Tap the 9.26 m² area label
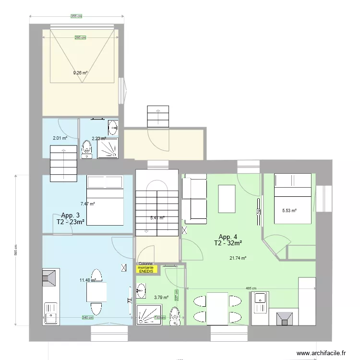click(80, 73)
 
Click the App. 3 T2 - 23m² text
click(71, 218)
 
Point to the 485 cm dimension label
click(252, 288)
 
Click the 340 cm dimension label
click(87, 318)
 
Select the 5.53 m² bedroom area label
click(289, 210)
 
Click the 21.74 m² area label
click(238, 258)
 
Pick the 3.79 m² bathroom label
click(161, 297)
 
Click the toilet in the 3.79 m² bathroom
click(175, 317)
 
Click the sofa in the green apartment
click(194, 200)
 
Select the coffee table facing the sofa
click(227, 199)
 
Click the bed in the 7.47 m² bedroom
click(105, 201)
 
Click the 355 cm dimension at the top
click(77, 16)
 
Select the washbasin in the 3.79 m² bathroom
click(140, 289)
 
